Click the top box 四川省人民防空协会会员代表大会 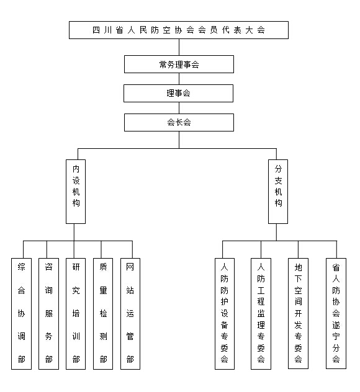pyautogui.click(x=179, y=30)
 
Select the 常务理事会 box pyautogui.click(x=179, y=65)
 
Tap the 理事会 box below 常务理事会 pyautogui.click(x=178, y=93)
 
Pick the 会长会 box pyautogui.click(x=179, y=123)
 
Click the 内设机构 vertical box pyautogui.click(x=76, y=192)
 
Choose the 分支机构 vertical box pyautogui.click(x=278, y=192)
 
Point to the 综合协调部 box pyautogui.click(x=21, y=314)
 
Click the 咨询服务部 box pyautogui.click(x=48, y=314)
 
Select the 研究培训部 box pyautogui.click(x=76, y=314)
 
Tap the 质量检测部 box pyautogui.click(x=103, y=314)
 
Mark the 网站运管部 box pyautogui.click(x=130, y=314)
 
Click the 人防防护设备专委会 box pyautogui.click(x=225, y=314)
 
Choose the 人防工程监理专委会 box pyautogui.click(x=261, y=314)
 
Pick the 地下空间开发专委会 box pyautogui.click(x=298, y=313)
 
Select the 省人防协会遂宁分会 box pyautogui.click(x=336, y=313)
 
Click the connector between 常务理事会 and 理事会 pyautogui.click(x=179, y=79)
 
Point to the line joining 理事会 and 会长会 pyautogui.click(x=179, y=108)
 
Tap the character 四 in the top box pyautogui.click(x=96, y=30)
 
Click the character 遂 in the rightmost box pyautogui.click(x=336, y=325)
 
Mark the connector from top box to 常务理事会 pyautogui.click(x=179, y=47)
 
